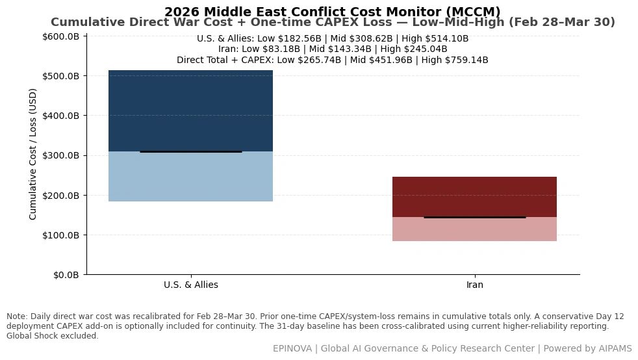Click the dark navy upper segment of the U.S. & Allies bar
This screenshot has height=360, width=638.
tap(190, 110)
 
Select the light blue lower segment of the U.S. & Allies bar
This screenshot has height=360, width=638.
tap(190, 177)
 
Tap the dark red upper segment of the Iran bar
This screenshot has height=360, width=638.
tap(474, 197)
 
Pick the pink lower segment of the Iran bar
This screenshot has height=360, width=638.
tap(474, 229)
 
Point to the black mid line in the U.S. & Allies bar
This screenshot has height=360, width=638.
tap(191, 151)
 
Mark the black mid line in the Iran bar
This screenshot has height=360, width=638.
tap(475, 217)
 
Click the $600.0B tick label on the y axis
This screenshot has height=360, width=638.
tap(60, 36)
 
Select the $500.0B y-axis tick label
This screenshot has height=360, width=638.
tap(60, 76)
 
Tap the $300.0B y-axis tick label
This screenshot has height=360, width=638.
tap(60, 156)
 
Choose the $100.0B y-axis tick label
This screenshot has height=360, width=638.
tap(60, 235)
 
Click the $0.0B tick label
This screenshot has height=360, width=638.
tap(66, 275)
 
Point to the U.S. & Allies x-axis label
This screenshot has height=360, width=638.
tap(191, 285)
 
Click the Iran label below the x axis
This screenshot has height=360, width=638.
tap(475, 285)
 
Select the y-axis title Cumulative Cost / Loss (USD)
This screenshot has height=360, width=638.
tap(32, 154)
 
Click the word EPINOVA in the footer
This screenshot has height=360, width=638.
tap(292, 348)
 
